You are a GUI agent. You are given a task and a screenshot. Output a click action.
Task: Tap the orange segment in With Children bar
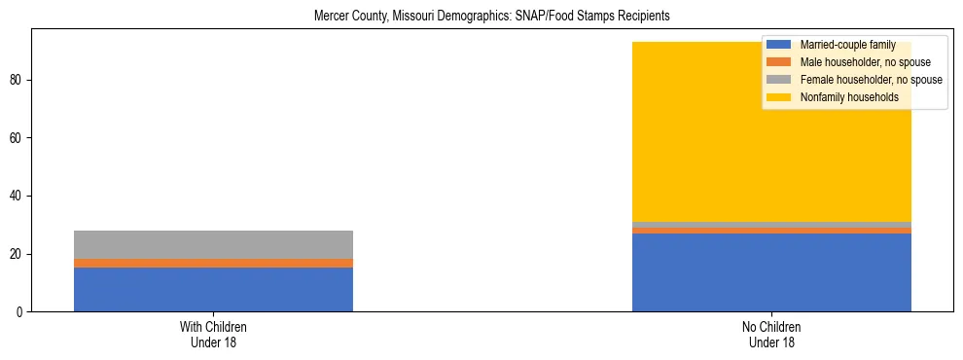pyautogui.click(x=213, y=263)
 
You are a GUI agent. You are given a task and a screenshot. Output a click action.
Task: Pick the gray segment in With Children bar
pyautogui.click(x=213, y=244)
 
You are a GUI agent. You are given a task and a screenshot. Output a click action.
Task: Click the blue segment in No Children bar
pyautogui.click(x=771, y=272)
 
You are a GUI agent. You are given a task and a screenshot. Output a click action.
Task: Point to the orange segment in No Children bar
pyautogui.click(x=771, y=231)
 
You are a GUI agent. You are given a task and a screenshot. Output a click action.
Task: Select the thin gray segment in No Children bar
pyautogui.click(x=771, y=225)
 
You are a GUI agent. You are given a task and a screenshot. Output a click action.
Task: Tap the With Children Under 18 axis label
pyautogui.click(x=213, y=334)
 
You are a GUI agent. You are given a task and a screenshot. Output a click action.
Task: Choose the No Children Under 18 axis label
pyautogui.click(x=771, y=334)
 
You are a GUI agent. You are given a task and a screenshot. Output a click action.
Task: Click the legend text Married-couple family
pyautogui.click(x=847, y=45)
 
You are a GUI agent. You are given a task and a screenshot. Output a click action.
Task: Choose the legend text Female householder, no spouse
pyautogui.click(x=871, y=80)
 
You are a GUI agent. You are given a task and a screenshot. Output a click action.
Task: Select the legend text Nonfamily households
pyautogui.click(x=849, y=97)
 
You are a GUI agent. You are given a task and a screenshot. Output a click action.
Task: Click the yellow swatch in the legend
pyautogui.click(x=778, y=97)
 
